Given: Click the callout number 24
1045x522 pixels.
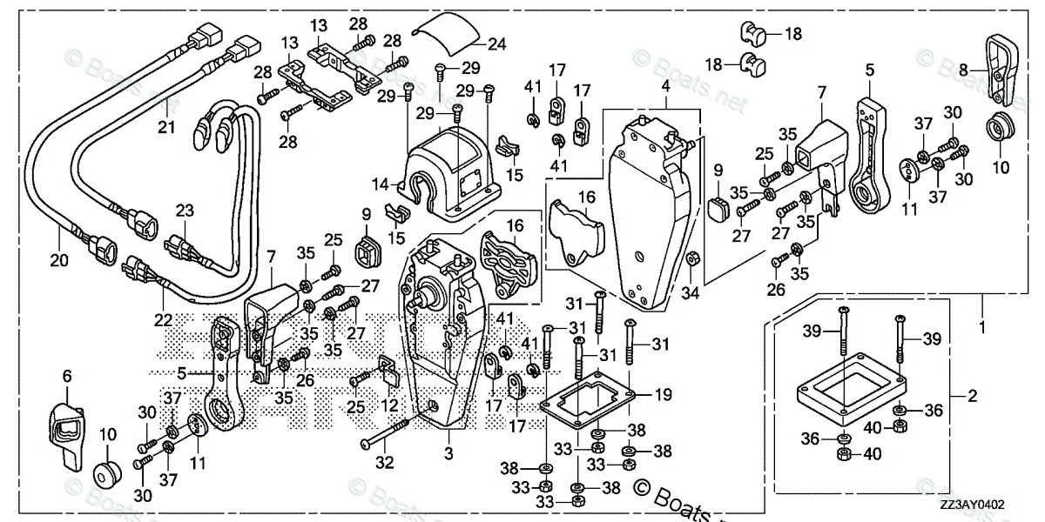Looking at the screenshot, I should pos(496,43).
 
